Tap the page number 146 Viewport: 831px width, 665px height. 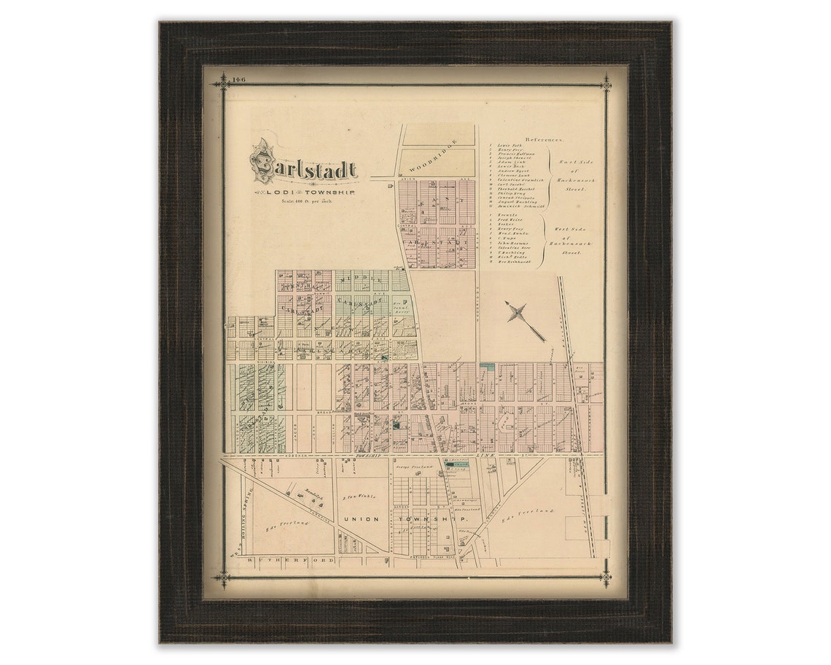[238, 79]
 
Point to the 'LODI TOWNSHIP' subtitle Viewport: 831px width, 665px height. [304, 192]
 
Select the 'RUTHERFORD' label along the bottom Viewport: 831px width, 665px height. [291, 560]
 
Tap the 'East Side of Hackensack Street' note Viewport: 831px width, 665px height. [572, 175]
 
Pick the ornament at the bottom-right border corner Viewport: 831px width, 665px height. [604, 579]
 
